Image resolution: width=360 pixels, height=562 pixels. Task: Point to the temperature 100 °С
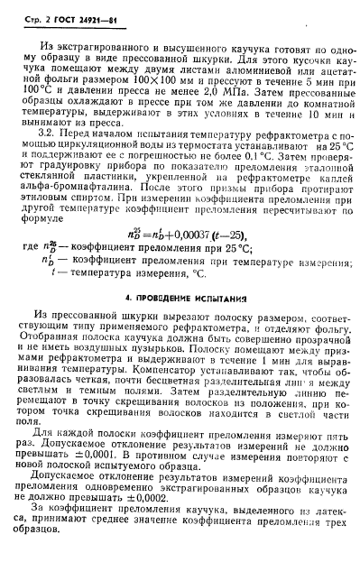point(38,117)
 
